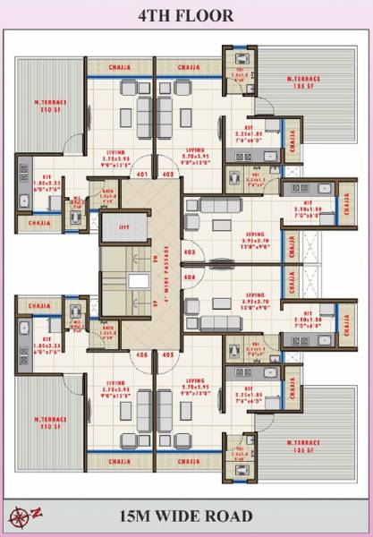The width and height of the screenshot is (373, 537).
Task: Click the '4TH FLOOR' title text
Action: (x=186, y=15)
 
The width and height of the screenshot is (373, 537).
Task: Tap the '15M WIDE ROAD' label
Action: (x=186, y=516)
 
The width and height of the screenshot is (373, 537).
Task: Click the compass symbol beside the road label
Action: (x=21, y=516)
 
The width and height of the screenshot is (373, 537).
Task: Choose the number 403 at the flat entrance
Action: (x=189, y=253)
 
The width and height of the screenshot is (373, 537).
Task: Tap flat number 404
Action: (x=189, y=277)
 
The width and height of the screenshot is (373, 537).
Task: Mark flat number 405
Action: (x=168, y=354)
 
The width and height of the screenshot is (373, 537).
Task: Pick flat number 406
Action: (x=141, y=354)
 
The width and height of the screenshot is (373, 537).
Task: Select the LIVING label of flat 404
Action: (x=255, y=294)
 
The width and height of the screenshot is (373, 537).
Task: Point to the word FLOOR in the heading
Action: (x=208, y=15)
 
